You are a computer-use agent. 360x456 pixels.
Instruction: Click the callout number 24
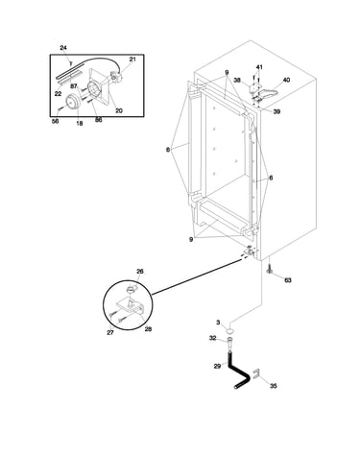(x=63, y=48)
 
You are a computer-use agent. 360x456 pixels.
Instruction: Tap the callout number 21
(x=132, y=60)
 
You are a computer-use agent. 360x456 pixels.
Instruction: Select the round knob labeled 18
(x=73, y=103)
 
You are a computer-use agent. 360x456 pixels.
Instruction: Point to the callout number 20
(x=119, y=110)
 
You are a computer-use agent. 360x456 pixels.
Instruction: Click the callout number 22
(x=58, y=94)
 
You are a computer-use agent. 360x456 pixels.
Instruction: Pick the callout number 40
(x=286, y=80)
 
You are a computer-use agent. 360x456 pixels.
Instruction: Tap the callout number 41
(x=259, y=67)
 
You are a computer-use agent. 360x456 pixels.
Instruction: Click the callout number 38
(x=236, y=81)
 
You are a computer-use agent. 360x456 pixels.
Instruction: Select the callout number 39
(x=276, y=111)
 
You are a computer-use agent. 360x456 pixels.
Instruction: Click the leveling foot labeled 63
(x=269, y=270)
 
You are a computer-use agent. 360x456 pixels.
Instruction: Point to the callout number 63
(x=288, y=280)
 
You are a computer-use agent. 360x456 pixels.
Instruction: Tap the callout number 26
(x=140, y=272)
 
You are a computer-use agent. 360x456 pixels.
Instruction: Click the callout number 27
(x=110, y=332)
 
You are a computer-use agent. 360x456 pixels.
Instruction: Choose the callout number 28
(x=148, y=329)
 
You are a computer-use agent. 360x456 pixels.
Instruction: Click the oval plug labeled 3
(x=229, y=330)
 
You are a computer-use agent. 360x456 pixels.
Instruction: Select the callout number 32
(x=213, y=338)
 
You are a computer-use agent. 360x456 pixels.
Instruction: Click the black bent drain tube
(x=238, y=372)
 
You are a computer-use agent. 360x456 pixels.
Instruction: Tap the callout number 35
(x=273, y=386)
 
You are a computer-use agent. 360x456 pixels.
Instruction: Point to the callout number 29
(x=217, y=366)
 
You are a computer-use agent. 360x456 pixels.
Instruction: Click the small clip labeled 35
(x=256, y=373)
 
